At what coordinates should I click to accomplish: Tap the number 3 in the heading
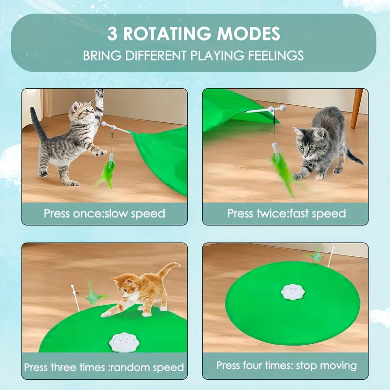(113, 34)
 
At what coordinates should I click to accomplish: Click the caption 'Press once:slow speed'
(104, 213)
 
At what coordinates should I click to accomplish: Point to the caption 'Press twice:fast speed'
(286, 213)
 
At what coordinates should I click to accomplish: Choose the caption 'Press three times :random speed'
(104, 367)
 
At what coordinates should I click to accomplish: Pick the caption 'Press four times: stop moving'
(286, 365)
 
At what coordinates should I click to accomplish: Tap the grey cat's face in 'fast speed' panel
(307, 139)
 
